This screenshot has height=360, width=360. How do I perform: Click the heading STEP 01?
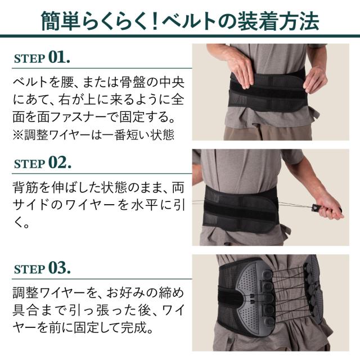42,57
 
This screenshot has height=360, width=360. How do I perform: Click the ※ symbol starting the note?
17,135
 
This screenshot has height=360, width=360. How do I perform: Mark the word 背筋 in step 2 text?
25,187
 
